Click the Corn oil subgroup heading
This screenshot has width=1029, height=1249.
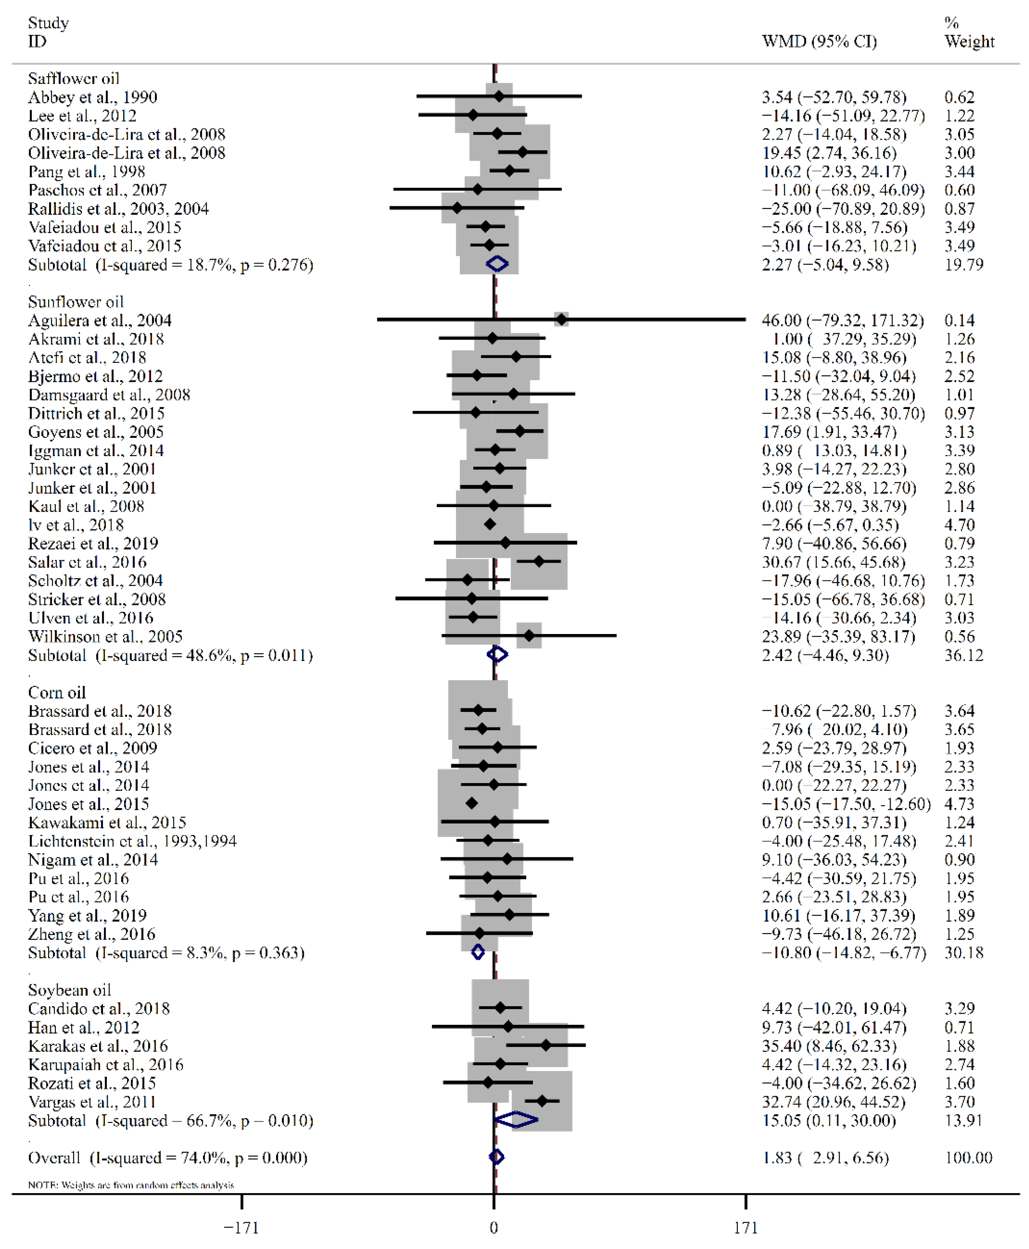pyautogui.click(x=57, y=692)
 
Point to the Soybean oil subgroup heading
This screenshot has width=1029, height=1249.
pyautogui.click(x=69, y=990)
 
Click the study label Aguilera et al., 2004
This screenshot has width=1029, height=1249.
pyautogui.click(x=100, y=320)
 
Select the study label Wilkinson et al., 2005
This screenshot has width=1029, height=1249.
pyautogui.click(x=105, y=636)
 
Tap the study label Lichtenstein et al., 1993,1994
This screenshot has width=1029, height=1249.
pyautogui.click(x=132, y=841)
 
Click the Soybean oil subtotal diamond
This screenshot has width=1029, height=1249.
pyautogui.click(x=516, y=1120)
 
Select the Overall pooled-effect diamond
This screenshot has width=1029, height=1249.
pyautogui.click(x=497, y=1157)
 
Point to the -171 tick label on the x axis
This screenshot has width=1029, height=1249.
pyautogui.click(x=241, y=1227)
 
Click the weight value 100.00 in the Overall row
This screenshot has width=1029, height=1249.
pyautogui.click(x=969, y=1157)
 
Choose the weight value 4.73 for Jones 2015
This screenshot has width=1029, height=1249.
pyautogui.click(x=959, y=804)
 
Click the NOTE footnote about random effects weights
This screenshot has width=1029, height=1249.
pyautogui.click(x=131, y=1185)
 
